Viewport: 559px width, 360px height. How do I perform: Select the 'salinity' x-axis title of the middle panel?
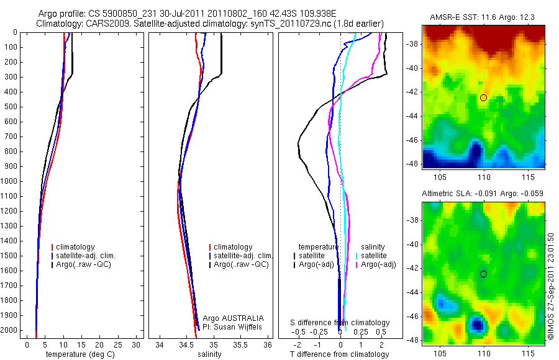coord(209,354)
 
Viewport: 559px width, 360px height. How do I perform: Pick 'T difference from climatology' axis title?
coord(339,354)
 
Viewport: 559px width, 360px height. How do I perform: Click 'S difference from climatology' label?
coord(340,323)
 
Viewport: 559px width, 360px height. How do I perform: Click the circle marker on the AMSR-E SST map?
coord(483,97)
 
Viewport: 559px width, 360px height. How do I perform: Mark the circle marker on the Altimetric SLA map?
coord(483,274)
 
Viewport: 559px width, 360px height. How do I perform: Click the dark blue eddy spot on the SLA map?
coord(476,324)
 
